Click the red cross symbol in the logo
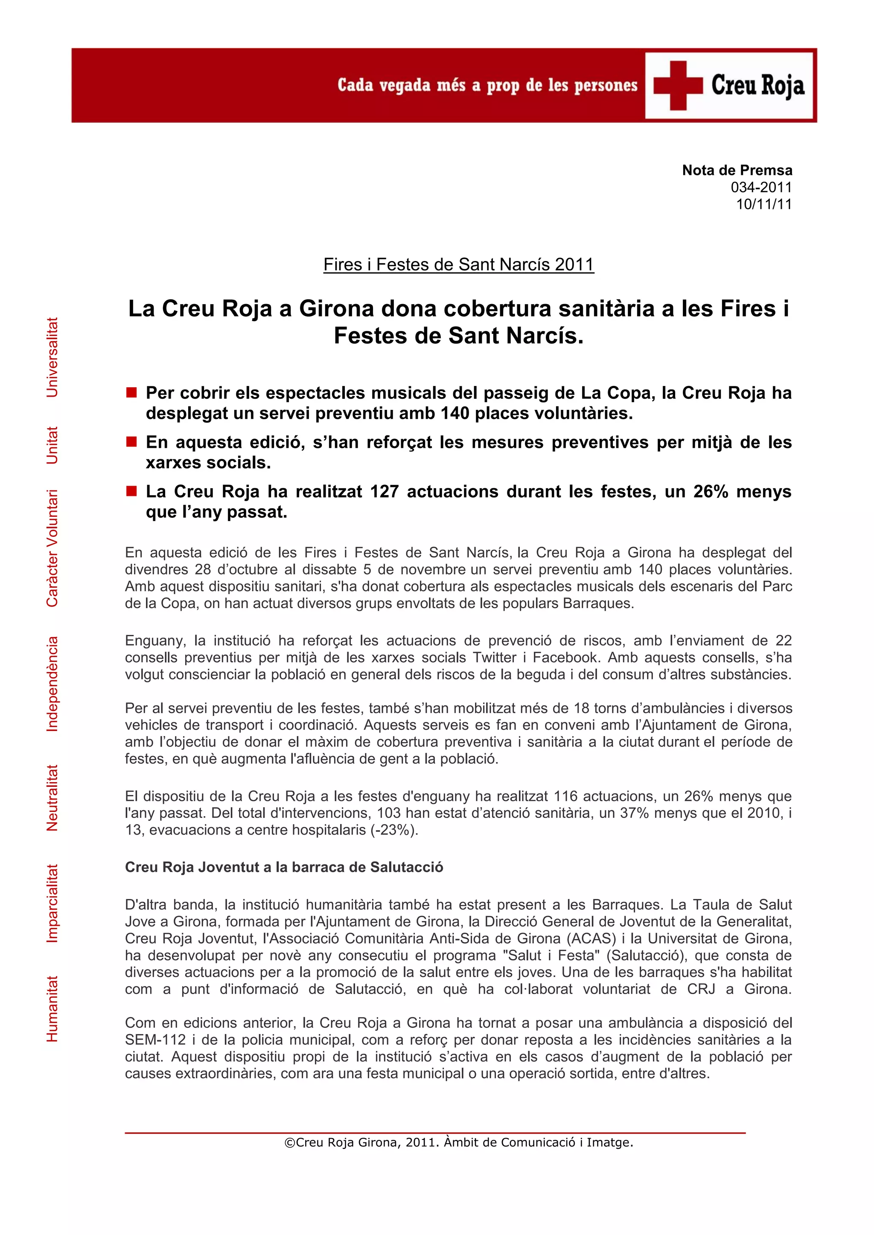click(x=678, y=86)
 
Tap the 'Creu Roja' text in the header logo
click(x=758, y=86)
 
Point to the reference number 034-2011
click(x=761, y=187)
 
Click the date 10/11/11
click(x=763, y=204)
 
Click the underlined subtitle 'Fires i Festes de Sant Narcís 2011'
click(x=458, y=265)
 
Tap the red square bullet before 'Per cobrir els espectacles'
click(x=131, y=392)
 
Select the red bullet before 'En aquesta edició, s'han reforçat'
click(x=131, y=442)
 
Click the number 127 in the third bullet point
click(x=384, y=492)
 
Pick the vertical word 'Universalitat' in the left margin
click(x=52, y=357)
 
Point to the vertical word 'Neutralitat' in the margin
click(x=52, y=798)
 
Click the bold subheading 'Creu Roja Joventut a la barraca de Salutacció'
click(x=284, y=867)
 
